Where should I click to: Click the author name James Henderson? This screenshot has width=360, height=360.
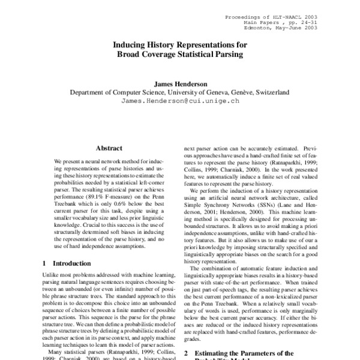[180, 84]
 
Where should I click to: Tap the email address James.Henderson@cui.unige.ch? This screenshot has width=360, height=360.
[180, 101]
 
